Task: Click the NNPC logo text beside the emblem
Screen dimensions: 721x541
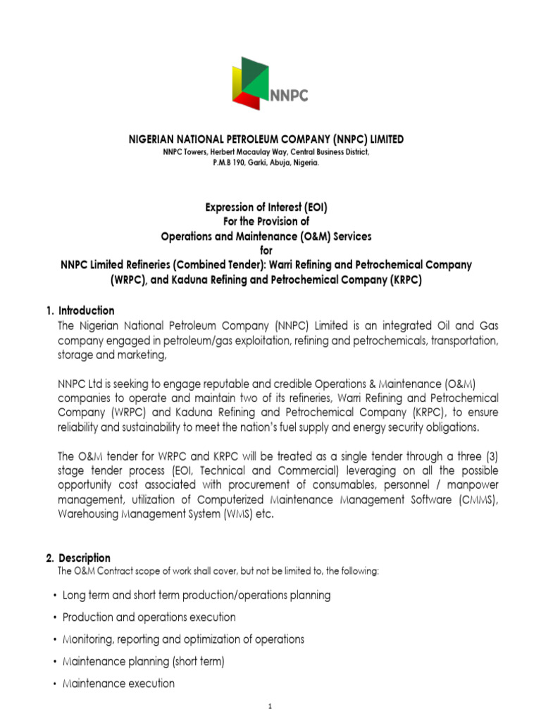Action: [x=288, y=96]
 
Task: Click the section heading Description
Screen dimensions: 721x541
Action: [x=84, y=558]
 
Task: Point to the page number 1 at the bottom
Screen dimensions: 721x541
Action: [x=270, y=707]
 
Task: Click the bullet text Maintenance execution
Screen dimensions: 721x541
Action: [x=118, y=684]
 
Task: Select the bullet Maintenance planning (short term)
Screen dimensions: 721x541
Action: [x=143, y=662]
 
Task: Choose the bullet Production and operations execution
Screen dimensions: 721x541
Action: [x=149, y=617]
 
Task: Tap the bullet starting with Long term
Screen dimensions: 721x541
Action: [x=196, y=596]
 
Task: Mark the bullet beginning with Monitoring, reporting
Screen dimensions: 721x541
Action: [x=183, y=639]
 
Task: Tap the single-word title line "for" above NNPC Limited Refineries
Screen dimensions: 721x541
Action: [x=266, y=249]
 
